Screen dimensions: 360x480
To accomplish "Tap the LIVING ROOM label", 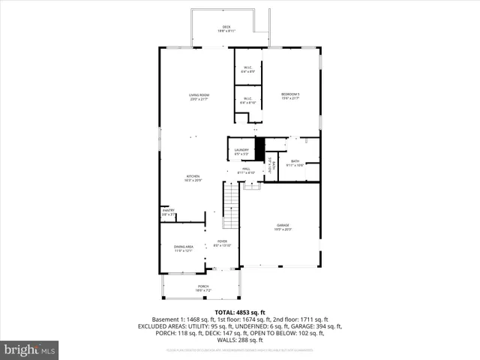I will click(199, 96).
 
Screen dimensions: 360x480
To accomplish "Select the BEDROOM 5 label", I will click(290, 95).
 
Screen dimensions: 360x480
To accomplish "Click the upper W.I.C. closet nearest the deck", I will click(248, 70).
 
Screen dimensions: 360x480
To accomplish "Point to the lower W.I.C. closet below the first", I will click(248, 100).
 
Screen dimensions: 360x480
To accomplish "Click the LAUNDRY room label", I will click(241, 151).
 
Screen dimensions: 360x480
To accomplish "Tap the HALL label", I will click(246, 170).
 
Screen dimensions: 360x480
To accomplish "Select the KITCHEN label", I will click(193, 178).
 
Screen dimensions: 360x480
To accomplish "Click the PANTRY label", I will click(168, 212).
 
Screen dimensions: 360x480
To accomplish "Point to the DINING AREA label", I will click(184, 248).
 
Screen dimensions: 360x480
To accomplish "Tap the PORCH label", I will click(203, 288).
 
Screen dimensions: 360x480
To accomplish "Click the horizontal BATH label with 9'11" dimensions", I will click(295, 163).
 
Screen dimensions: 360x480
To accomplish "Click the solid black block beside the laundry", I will click(260, 148).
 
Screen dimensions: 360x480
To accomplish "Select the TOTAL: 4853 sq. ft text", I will click(239, 312).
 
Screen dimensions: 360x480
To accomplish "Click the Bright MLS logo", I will click(29, 349).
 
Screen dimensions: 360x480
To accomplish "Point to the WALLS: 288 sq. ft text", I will click(239, 340).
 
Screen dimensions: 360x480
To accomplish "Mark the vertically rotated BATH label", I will click(274, 165).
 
